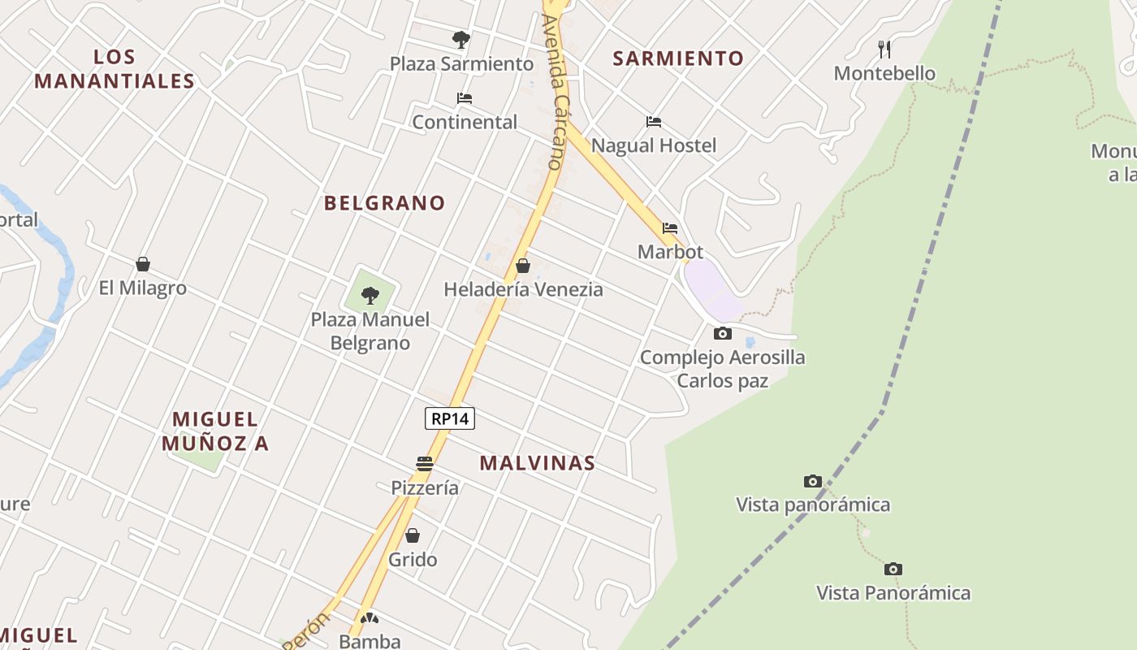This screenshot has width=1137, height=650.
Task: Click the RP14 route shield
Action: click(x=449, y=418)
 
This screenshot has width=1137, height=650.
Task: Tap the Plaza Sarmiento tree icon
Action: click(x=460, y=39)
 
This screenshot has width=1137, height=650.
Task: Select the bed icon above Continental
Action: click(x=465, y=98)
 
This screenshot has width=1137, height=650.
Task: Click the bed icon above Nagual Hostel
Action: click(x=654, y=122)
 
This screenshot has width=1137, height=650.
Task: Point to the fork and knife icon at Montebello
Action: click(x=884, y=50)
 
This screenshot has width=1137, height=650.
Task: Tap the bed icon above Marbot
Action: click(x=670, y=228)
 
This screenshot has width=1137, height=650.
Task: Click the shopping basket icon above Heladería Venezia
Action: click(x=523, y=266)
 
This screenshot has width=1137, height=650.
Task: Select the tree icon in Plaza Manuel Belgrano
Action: click(x=370, y=295)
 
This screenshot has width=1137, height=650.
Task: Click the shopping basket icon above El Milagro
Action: click(x=143, y=264)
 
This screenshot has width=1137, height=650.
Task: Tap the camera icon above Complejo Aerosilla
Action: click(x=722, y=333)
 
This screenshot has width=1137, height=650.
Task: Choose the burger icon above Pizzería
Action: click(x=425, y=464)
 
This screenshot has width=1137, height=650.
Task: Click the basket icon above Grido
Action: click(x=413, y=535)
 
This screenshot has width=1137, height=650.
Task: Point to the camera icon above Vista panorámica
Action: click(x=812, y=481)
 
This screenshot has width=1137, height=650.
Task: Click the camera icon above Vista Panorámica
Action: click(x=893, y=569)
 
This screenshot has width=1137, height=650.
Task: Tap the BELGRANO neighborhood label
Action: click(x=384, y=203)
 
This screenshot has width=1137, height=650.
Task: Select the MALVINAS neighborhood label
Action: click(x=537, y=463)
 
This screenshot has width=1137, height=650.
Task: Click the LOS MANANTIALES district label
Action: click(x=115, y=69)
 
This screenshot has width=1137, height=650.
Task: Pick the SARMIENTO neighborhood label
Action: click(x=678, y=58)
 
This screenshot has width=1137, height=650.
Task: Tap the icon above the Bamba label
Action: click(x=370, y=618)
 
